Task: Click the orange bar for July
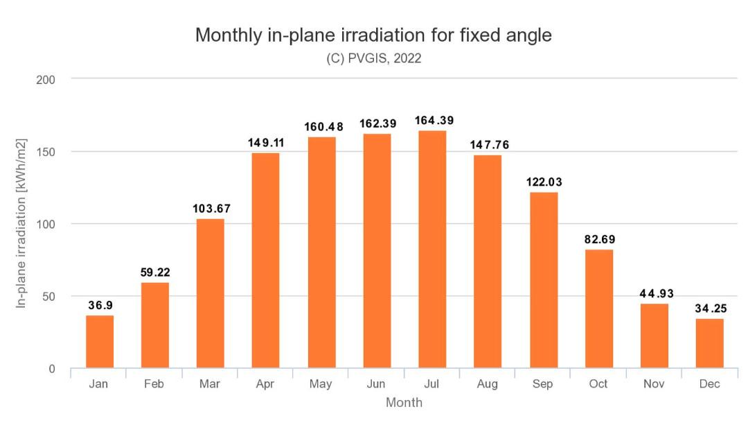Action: (432, 250)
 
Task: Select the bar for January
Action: (100, 342)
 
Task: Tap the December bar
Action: (710, 343)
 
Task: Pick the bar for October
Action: (599, 309)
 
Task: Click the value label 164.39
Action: (434, 121)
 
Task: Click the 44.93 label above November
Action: (654, 293)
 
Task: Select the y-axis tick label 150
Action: (46, 152)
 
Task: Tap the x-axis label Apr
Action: (265, 383)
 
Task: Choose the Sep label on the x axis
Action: (544, 383)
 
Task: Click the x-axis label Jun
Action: (377, 383)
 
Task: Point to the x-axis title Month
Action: (404, 402)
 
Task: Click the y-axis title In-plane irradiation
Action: (22, 223)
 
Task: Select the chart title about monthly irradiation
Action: (373, 35)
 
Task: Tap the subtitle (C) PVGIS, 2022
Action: (374, 59)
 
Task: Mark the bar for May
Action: (321, 252)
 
